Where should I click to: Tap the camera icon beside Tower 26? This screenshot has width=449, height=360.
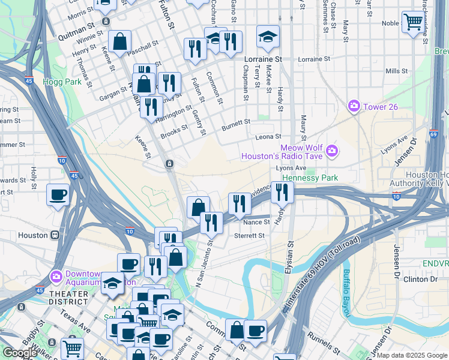354,106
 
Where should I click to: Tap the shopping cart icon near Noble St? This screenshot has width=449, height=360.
412,22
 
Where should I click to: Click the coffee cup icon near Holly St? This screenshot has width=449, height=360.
58,194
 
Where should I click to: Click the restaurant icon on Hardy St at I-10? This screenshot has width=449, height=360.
282,192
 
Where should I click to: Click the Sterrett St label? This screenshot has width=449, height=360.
249,236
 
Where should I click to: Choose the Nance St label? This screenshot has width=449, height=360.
256,222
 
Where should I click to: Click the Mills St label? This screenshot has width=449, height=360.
397,71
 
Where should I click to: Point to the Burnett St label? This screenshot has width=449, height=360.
235,122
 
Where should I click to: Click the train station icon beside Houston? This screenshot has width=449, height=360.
55,235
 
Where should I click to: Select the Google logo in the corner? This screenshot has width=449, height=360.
20,353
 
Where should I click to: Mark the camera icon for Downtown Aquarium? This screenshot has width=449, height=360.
56,276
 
